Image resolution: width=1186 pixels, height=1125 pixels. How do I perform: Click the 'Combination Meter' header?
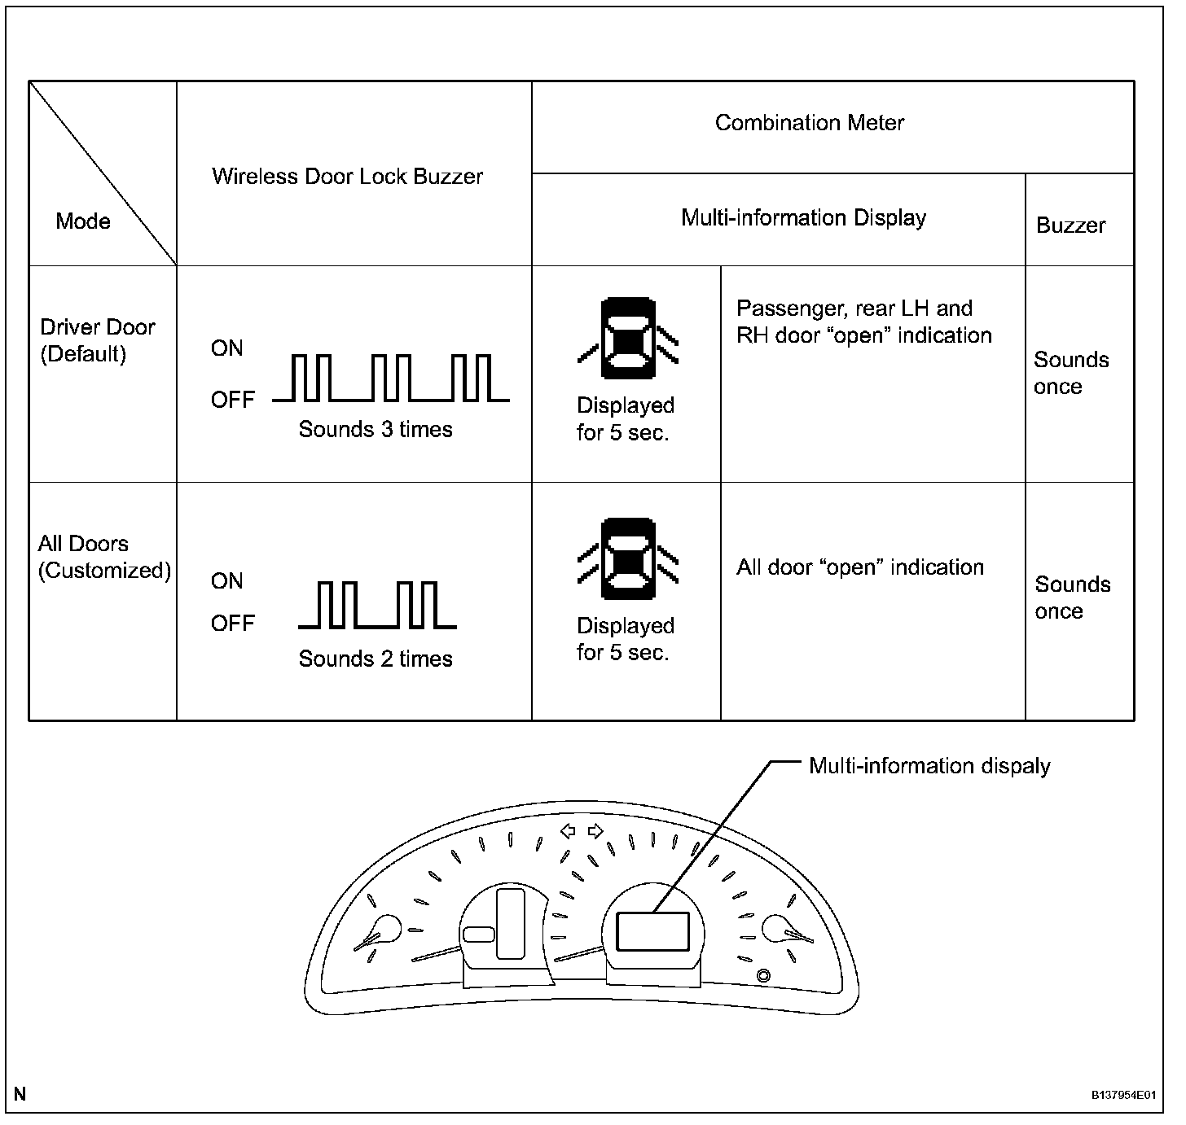809,123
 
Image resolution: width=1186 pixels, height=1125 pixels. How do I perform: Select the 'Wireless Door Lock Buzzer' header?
347,177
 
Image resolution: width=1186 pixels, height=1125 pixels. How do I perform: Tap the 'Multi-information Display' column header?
803,218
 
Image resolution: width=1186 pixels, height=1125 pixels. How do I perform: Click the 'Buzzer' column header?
1070,225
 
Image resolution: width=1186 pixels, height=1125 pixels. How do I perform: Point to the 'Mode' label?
83,221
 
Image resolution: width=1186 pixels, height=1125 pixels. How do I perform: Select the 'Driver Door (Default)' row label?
97,340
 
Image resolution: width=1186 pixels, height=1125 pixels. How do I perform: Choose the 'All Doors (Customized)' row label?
104,557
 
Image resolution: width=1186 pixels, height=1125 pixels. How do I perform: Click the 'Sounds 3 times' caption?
376,430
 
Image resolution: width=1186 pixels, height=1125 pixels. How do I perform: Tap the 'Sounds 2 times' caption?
376,659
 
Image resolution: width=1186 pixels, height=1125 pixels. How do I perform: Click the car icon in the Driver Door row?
627,339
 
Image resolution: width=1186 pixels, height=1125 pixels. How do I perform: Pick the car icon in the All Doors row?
627,559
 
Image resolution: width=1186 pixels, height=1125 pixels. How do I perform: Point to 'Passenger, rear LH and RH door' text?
863,322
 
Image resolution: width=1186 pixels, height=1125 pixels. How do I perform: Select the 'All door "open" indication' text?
860,567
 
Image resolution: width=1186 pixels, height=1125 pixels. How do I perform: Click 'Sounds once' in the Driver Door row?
1071,373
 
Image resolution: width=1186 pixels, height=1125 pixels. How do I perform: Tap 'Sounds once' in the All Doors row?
1072,598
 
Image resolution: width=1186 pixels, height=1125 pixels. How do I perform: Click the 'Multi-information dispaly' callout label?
929,766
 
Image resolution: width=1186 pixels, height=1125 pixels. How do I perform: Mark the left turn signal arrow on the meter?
569,831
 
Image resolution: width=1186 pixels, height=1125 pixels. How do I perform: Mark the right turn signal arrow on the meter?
595,831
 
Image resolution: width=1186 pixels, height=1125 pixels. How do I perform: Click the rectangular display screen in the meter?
652,931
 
